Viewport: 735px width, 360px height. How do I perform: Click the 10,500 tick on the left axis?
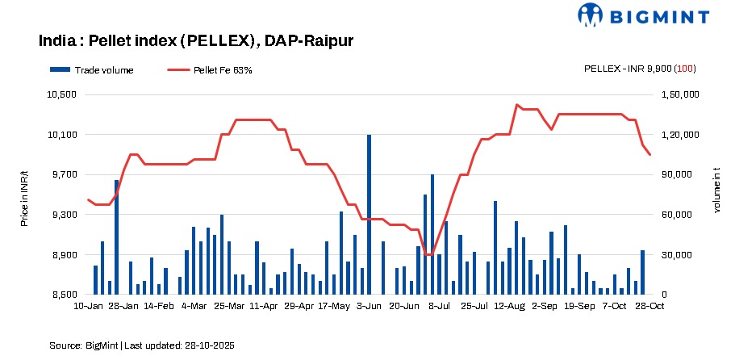(63, 94)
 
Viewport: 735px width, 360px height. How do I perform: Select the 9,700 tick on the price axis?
(63, 174)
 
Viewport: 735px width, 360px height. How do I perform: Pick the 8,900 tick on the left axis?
(63, 255)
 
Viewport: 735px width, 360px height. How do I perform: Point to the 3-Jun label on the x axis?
(369, 307)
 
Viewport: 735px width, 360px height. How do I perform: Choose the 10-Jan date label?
(88, 307)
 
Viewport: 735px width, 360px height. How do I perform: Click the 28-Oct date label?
(649, 307)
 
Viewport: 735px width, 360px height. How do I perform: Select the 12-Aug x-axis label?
(510, 307)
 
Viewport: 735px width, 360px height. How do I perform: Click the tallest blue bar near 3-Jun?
(370, 215)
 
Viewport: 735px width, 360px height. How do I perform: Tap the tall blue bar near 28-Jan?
(116, 237)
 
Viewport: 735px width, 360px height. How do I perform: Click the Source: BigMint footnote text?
(142, 345)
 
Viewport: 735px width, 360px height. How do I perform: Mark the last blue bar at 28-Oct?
(643, 273)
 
